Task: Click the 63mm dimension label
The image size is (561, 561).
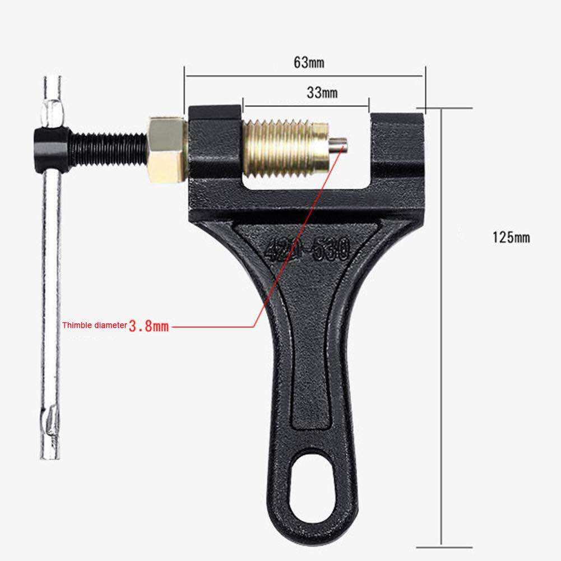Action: coord(309,63)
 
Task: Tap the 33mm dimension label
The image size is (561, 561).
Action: coord(322,93)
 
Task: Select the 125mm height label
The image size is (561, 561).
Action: coord(511,238)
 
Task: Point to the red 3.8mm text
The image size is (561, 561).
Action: coord(149,326)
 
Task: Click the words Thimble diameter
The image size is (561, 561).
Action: coord(95,325)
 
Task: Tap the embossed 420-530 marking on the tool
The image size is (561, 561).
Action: coord(307,249)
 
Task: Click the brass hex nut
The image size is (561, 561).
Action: coord(166,150)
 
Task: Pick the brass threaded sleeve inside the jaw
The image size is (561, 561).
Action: coord(285,149)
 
